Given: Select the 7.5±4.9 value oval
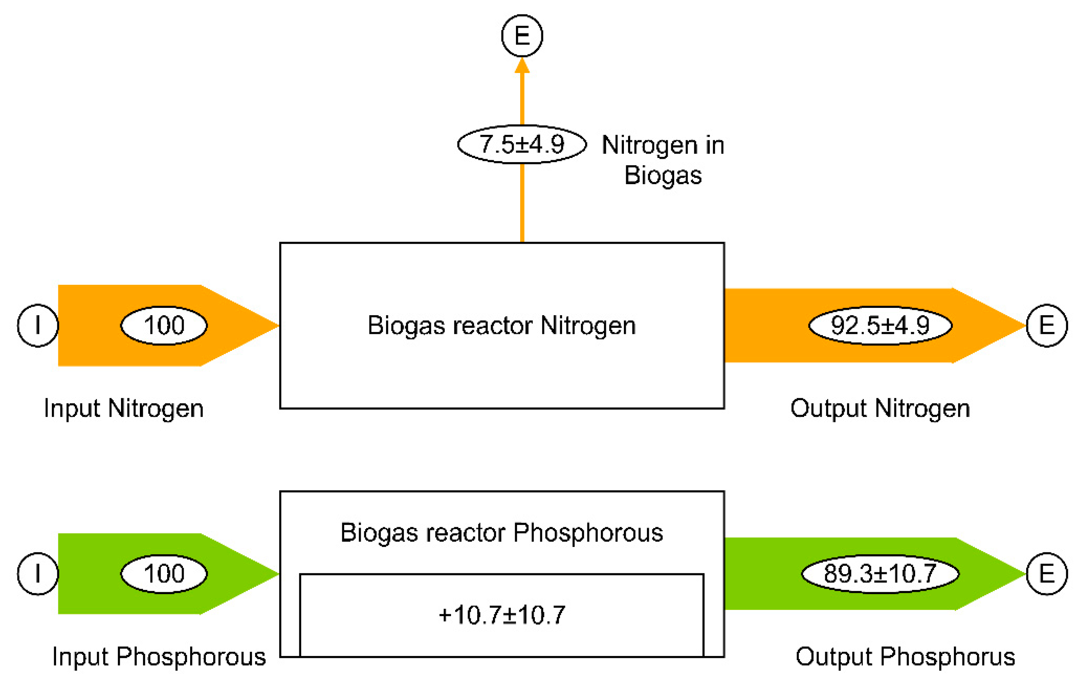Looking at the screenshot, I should [522, 145].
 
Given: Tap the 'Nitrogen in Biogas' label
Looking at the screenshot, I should [663, 160].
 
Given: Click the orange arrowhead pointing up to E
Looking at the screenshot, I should [522, 66].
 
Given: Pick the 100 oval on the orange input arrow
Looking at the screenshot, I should [164, 325].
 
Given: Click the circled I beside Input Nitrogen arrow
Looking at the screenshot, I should [38, 325].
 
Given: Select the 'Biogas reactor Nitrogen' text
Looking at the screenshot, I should [501, 325].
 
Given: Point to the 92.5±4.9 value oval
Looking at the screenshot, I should [880, 325].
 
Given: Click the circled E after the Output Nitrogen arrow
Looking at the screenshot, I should [1047, 325].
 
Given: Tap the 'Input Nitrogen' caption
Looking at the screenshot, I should [124, 409].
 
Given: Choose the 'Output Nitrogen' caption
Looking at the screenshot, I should [880, 409].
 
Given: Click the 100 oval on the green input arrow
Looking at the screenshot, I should [164, 573].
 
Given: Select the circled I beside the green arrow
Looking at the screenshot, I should [38, 573].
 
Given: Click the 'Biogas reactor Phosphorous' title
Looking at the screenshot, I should [501, 533].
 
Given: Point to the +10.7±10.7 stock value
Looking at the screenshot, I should [501, 615].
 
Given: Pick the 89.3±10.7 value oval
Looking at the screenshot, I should [880, 573].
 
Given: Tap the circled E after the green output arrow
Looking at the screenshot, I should [1047, 573].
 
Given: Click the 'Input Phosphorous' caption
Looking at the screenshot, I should [159, 657].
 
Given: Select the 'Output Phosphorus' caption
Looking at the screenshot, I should [905, 657].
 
